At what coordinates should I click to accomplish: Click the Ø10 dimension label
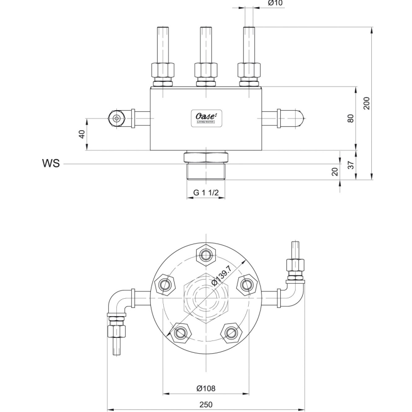pos(276,4)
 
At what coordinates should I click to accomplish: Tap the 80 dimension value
pos(351,118)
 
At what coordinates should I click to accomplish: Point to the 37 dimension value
pos(351,165)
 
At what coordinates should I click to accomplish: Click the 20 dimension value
pos(335,172)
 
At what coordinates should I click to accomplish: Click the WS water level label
pos(50,164)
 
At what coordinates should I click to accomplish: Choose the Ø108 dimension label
pos(206,388)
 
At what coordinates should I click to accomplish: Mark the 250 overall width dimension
pos(206,404)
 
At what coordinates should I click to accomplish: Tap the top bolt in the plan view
pos(206,254)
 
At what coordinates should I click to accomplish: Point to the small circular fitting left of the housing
pos(117,118)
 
